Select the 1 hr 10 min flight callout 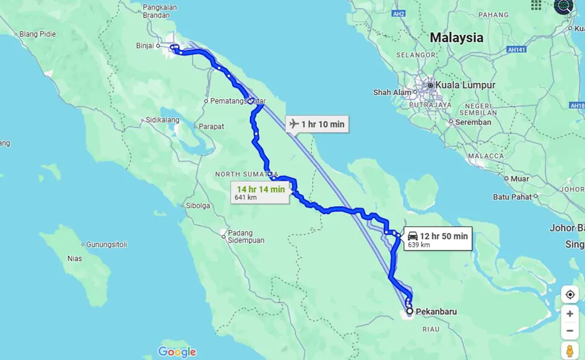coord(317,125)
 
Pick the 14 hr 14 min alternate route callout coord(261,192)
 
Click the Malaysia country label coord(456,37)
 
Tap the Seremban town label coord(472,122)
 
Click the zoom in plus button coord(569,314)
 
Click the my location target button coord(569,294)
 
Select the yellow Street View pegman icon coord(569,350)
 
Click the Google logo coord(177,352)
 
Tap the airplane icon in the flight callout coord(294,124)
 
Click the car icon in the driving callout coord(412,236)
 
